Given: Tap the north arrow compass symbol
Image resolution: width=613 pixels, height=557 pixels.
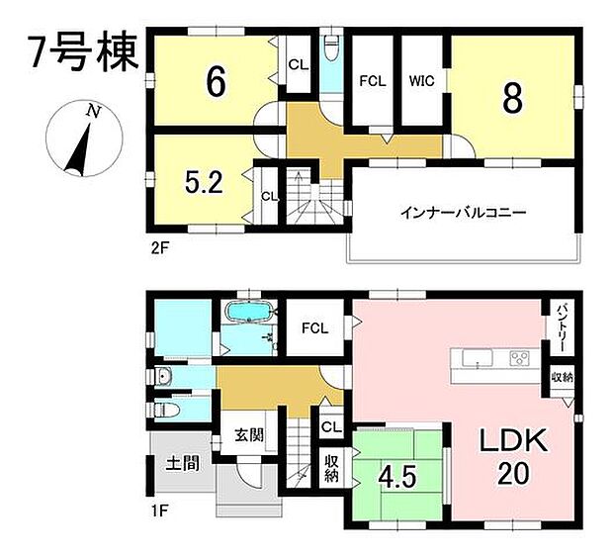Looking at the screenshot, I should tap(79, 139).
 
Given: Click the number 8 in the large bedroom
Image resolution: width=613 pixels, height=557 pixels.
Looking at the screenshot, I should tap(513, 96).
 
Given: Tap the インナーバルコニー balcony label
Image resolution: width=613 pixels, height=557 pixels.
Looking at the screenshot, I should tap(462, 212).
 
